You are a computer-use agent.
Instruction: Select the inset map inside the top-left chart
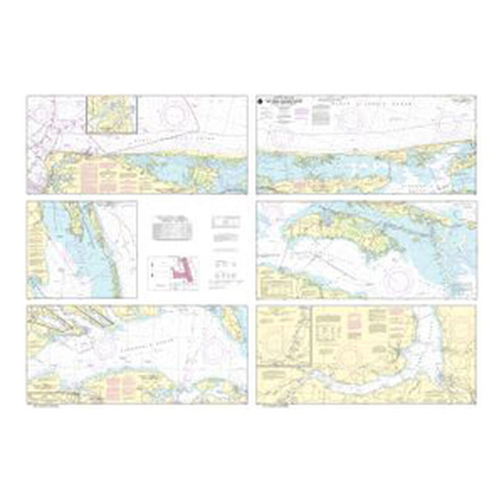pyautogui.click(x=112, y=114)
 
